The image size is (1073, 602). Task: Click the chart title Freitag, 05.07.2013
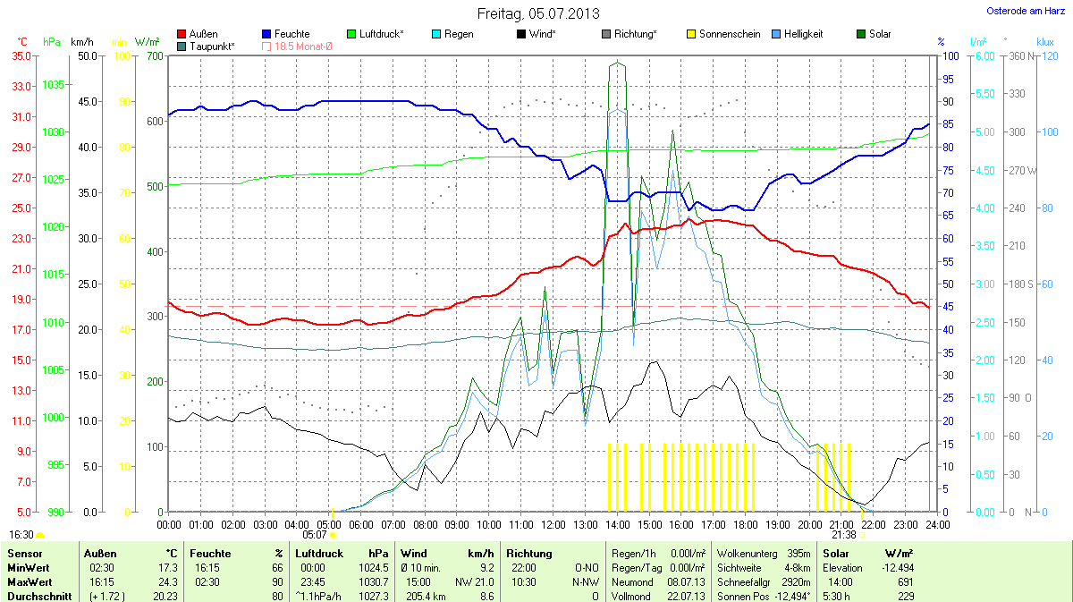(x=537, y=13)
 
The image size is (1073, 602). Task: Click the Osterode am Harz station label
(x=1025, y=11)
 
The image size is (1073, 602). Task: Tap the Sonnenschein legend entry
(x=729, y=34)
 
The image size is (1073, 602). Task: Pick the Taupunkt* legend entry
(x=213, y=46)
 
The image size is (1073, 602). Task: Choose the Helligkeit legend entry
(x=804, y=34)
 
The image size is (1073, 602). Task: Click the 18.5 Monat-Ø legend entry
(x=300, y=46)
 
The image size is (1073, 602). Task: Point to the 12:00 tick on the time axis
(x=553, y=524)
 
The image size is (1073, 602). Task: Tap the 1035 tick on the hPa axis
(x=54, y=85)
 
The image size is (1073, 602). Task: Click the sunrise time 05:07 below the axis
(x=316, y=534)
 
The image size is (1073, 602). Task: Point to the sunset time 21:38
(x=843, y=534)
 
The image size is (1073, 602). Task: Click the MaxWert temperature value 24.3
(x=167, y=581)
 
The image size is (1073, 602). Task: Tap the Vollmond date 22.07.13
(x=687, y=596)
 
